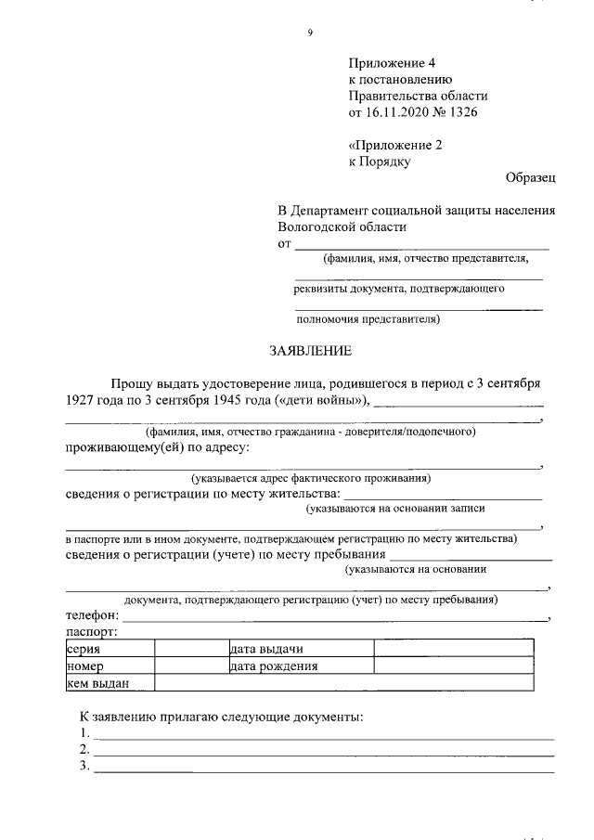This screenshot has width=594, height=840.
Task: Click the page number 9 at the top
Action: [x=310, y=33]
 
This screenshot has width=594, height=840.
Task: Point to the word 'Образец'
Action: [x=531, y=177]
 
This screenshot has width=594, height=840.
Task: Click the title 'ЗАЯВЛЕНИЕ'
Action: [x=311, y=351]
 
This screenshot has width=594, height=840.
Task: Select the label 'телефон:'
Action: [x=92, y=615]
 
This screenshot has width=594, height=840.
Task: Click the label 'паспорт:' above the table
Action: [x=91, y=632]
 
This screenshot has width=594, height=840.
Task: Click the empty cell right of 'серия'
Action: [x=190, y=649]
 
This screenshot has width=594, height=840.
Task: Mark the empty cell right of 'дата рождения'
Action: [x=453, y=666]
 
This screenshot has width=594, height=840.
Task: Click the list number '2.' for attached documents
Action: [x=84, y=749]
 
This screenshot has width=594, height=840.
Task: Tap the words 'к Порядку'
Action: [x=379, y=161]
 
